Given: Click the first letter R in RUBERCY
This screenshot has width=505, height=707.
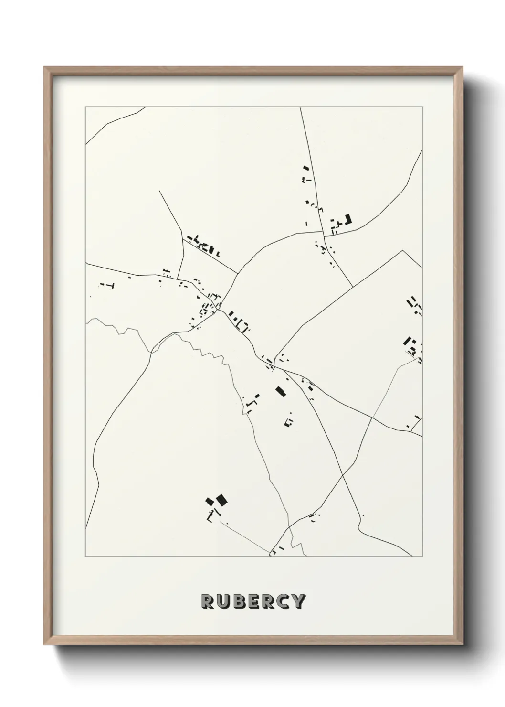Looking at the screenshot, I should pos(207,601).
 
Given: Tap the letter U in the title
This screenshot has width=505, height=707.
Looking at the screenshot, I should pos(223,601).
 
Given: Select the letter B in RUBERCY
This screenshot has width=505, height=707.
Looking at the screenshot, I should pos(238,601).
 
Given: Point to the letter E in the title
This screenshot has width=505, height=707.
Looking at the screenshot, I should pos(253,601).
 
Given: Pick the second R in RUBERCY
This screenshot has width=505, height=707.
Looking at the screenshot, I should pos(268,601).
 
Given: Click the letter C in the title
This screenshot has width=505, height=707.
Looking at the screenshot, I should pos(283,601).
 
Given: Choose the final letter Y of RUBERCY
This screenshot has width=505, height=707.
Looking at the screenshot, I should pos(298,601).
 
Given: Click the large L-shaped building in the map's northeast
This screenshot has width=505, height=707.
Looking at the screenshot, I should pos(347,220).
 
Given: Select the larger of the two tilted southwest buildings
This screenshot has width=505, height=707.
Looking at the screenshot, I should pos(221,500).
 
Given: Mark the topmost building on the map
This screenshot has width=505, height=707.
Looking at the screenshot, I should pos(306,168).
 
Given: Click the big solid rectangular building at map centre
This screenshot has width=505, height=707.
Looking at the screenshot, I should pos(280,392).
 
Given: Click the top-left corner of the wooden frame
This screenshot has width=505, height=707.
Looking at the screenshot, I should pos(44,67).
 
